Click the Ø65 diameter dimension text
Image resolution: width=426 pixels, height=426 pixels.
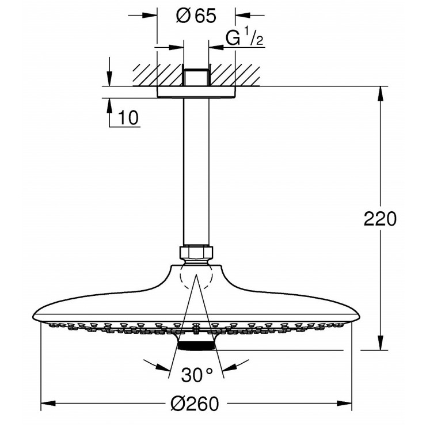click(196, 16)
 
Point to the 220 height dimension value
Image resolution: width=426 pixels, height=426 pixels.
click(380, 219)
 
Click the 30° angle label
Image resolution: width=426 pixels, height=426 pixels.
click(196, 376)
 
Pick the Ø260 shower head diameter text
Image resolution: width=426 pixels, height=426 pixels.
click(196, 405)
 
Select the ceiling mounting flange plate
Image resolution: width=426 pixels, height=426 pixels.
click(196, 92)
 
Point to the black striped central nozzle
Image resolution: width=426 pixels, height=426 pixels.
click(196, 345)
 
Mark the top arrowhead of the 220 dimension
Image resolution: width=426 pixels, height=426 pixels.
click(380, 92)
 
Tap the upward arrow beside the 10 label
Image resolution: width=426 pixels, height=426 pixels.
click(108, 106)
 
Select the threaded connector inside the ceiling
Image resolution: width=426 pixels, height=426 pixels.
click(196, 77)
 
